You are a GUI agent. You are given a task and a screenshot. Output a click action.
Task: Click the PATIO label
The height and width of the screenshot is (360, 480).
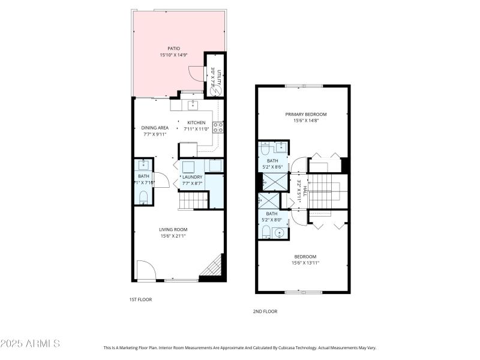point(173,49)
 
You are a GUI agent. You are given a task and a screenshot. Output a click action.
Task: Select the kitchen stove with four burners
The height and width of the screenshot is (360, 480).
point(218,127)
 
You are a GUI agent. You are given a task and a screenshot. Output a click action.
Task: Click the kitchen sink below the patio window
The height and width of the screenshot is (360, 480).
point(193,106)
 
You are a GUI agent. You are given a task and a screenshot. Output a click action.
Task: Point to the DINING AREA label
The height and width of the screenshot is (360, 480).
point(155,128)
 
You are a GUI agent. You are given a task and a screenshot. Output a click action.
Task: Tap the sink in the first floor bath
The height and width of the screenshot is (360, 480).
point(143,165)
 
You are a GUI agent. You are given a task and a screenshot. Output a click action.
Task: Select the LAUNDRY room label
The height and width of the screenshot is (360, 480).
point(193,176)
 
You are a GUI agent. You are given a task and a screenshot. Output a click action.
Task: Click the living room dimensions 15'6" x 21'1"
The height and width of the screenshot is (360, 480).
point(173,236)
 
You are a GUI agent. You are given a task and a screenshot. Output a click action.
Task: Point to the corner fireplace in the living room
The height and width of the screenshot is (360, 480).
point(214,268)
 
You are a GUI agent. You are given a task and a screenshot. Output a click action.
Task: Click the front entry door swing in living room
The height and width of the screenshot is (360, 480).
point(145,271)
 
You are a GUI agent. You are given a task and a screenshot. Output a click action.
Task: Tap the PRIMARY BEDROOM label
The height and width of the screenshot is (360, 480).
point(305,114)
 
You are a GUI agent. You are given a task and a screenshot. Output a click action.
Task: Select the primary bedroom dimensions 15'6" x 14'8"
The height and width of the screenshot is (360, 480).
point(305,121)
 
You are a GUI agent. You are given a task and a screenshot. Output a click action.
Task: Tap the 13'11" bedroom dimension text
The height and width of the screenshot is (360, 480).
point(305,262)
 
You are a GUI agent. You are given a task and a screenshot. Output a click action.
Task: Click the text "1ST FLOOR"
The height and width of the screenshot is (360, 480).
point(140,299)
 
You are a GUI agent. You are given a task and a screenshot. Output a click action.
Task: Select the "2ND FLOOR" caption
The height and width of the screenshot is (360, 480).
point(265,311)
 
